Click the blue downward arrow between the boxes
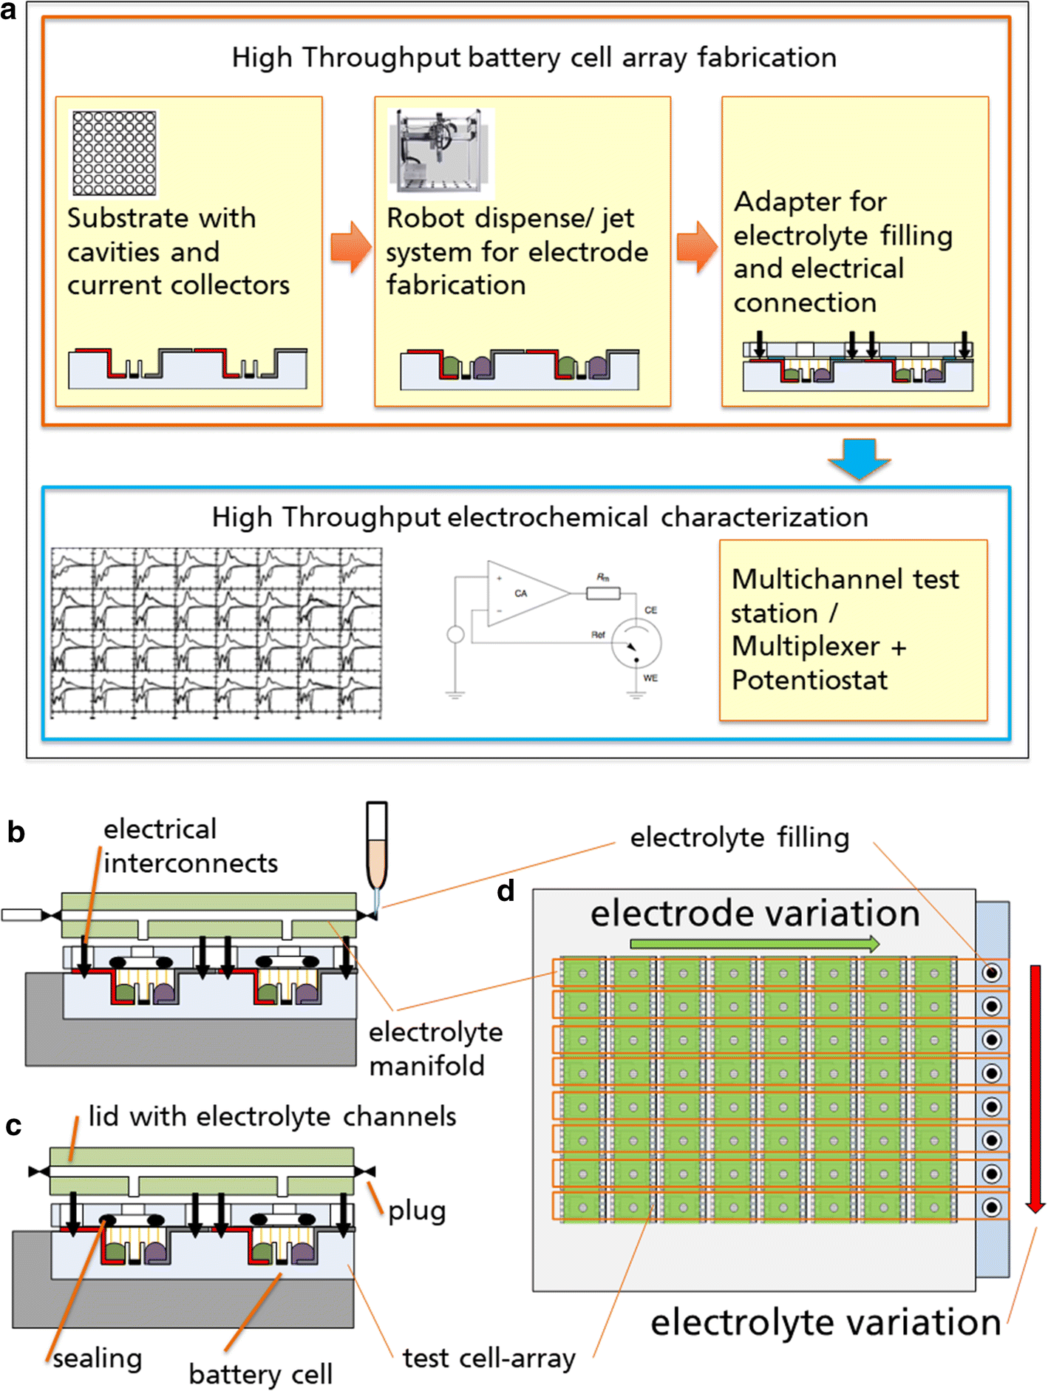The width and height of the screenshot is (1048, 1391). pyautogui.click(x=859, y=458)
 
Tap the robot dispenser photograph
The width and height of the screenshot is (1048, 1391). pyautogui.click(x=441, y=152)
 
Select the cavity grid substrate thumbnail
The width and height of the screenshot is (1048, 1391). pyautogui.click(x=114, y=153)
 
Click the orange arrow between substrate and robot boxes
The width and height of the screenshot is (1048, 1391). pyautogui.click(x=350, y=248)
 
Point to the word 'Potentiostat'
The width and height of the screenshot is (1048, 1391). pyautogui.click(x=809, y=680)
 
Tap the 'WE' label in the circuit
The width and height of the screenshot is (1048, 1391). pyautogui.click(x=650, y=678)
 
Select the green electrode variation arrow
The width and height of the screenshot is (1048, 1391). pyautogui.click(x=754, y=943)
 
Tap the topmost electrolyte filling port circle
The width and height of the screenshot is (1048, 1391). pyautogui.click(x=992, y=973)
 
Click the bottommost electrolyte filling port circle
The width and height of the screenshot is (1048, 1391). pyautogui.click(x=992, y=1207)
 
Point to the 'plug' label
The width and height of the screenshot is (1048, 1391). pyautogui.click(x=417, y=1211)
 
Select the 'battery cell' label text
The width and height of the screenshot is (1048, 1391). pyautogui.click(x=260, y=1374)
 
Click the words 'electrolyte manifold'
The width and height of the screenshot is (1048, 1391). pyautogui.click(x=435, y=1049)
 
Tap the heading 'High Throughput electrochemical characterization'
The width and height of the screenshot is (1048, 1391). pyautogui.click(x=540, y=517)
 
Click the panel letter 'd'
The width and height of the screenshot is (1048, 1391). pyautogui.click(x=506, y=891)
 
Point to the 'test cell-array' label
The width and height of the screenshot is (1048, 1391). pyautogui.click(x=489, y=1358)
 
